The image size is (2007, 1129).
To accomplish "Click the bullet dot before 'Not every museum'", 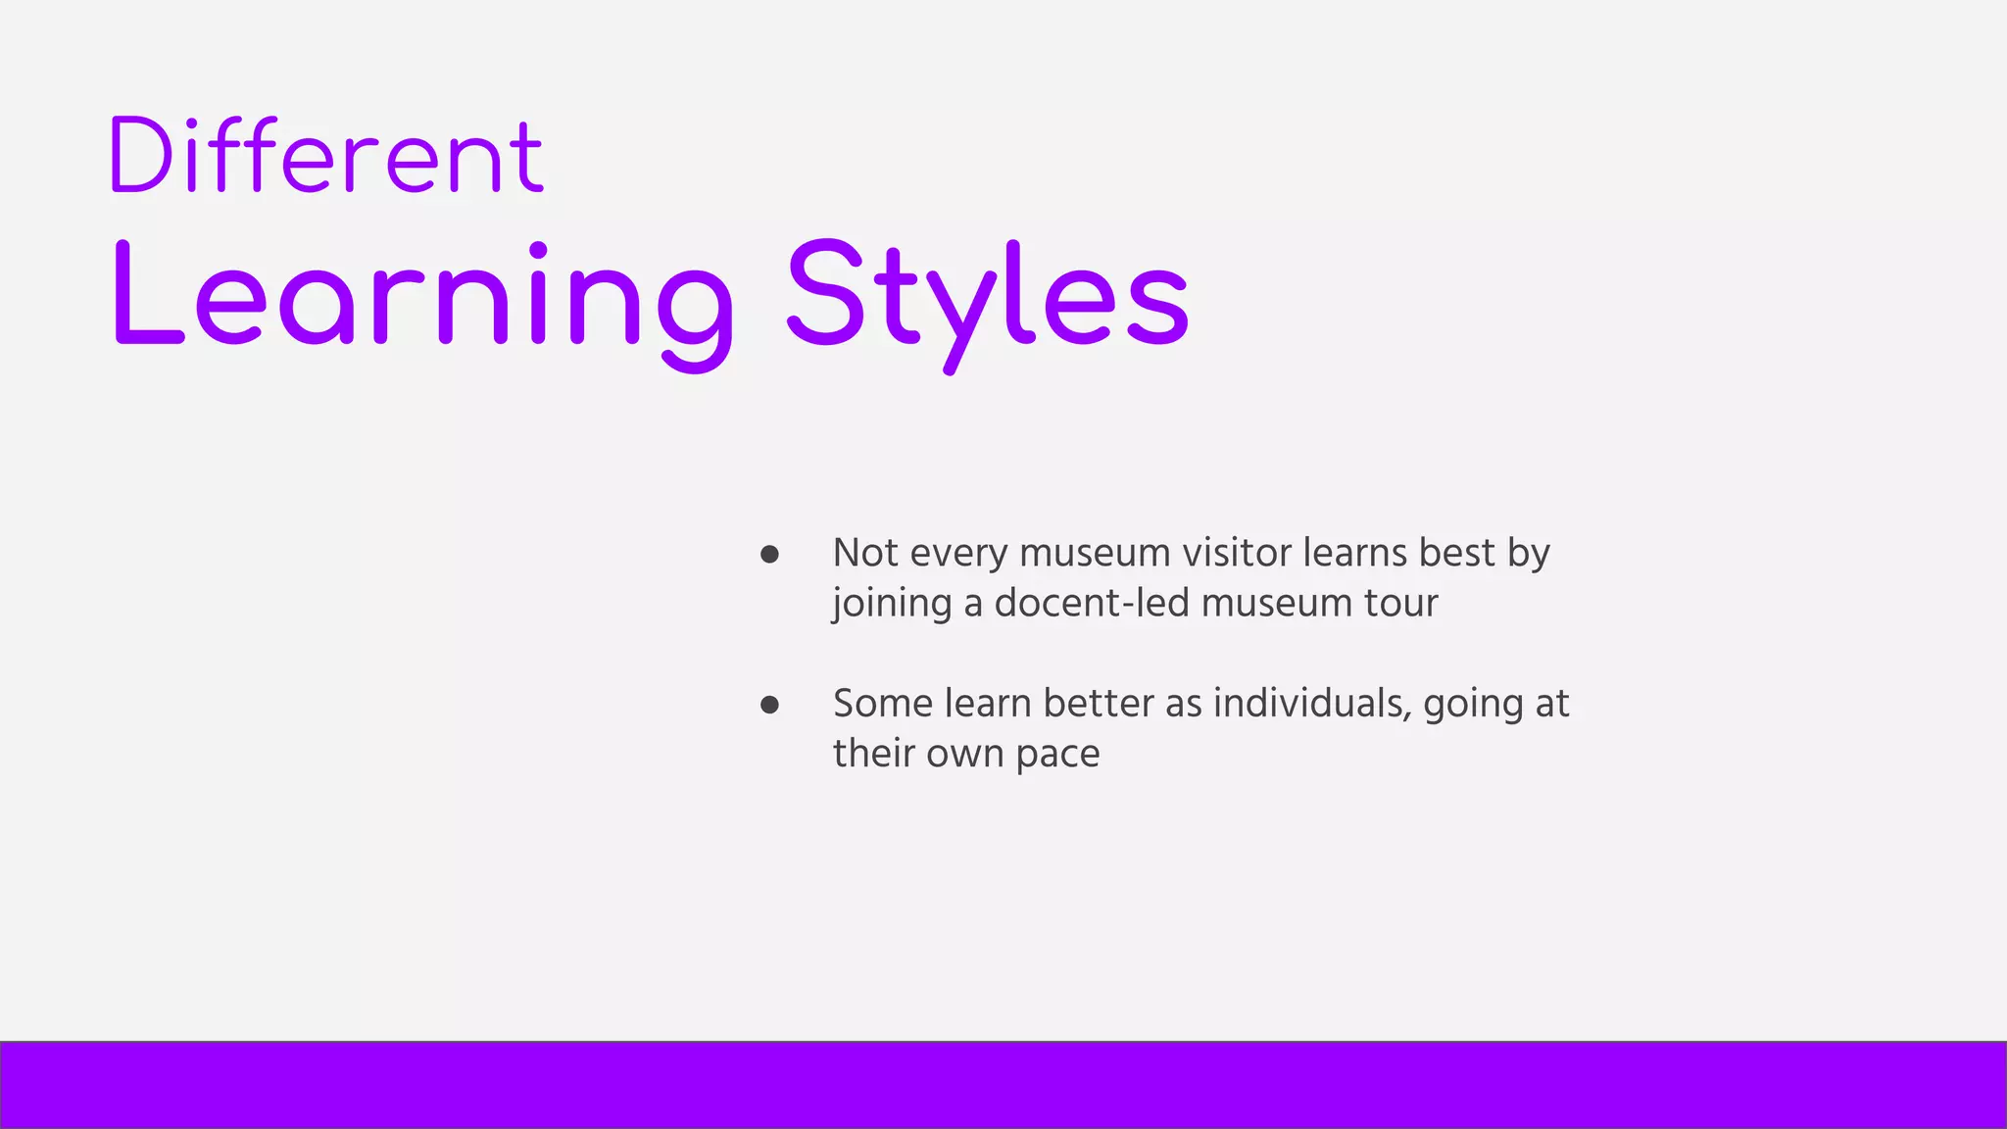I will pos(769,555).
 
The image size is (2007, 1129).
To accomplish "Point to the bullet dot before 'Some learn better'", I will pos(769,705).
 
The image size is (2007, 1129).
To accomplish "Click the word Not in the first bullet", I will pos(865,553).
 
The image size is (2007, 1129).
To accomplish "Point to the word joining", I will pos(892,604).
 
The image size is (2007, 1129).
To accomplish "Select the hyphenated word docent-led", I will pos(1092,603).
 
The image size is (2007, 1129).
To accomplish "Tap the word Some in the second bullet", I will pos(883,704).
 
